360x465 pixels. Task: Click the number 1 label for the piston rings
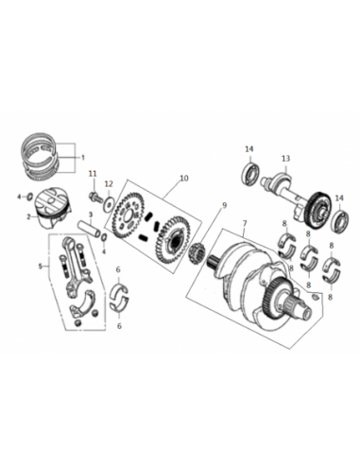83,157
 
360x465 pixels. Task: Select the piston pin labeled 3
90,229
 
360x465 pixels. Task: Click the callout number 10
184,178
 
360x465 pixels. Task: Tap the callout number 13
285,159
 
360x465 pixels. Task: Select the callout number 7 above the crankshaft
245,224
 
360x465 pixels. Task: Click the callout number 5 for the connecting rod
41,267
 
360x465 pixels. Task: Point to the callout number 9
224,205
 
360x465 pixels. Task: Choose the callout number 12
109,184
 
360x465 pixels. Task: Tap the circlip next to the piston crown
29,197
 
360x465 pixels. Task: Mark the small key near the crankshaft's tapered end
316,297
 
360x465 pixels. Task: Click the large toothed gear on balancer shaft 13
317,209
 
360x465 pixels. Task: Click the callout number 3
91,215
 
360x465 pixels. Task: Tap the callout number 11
93,174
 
